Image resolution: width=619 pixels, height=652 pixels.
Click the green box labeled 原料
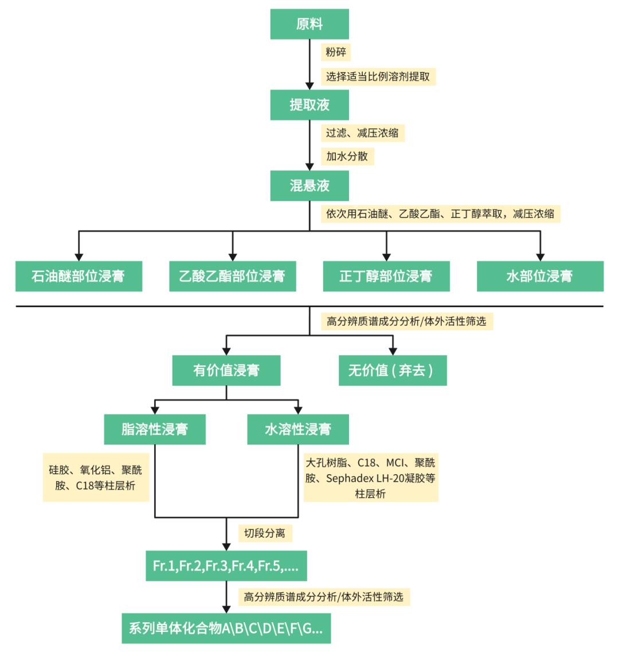[x=309, y=24]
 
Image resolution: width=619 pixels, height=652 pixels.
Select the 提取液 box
[x=309, y=105]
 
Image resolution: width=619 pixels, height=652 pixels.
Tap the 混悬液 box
[x=309, y=186]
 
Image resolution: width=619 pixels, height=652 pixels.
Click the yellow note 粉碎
[x=335, y=52]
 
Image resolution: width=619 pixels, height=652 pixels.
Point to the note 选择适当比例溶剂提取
[x=378, y=76]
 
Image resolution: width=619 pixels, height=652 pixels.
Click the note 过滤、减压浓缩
[x=362, y=133]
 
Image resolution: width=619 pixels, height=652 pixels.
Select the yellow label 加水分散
[x=347, y=156]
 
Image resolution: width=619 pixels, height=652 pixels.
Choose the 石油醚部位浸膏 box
[x=79, y=276]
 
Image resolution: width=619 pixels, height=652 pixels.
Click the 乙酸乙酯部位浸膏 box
[x=232, y=276]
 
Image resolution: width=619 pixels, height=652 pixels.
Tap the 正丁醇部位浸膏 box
[x=386, y=276]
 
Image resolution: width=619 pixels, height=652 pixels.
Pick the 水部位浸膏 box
[x=539, y=276]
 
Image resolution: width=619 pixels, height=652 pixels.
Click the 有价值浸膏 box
[x=226, y=370]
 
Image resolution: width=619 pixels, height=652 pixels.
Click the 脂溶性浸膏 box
[x=155, y=429]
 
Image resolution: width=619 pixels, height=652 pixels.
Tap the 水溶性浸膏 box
[x=298, y=429]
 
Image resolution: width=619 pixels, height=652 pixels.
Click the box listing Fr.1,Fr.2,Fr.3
[x=226, y=566]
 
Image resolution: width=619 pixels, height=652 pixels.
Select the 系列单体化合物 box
[x=226, y=628]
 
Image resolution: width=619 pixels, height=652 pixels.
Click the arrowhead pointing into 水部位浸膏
[x=539, y=256]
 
